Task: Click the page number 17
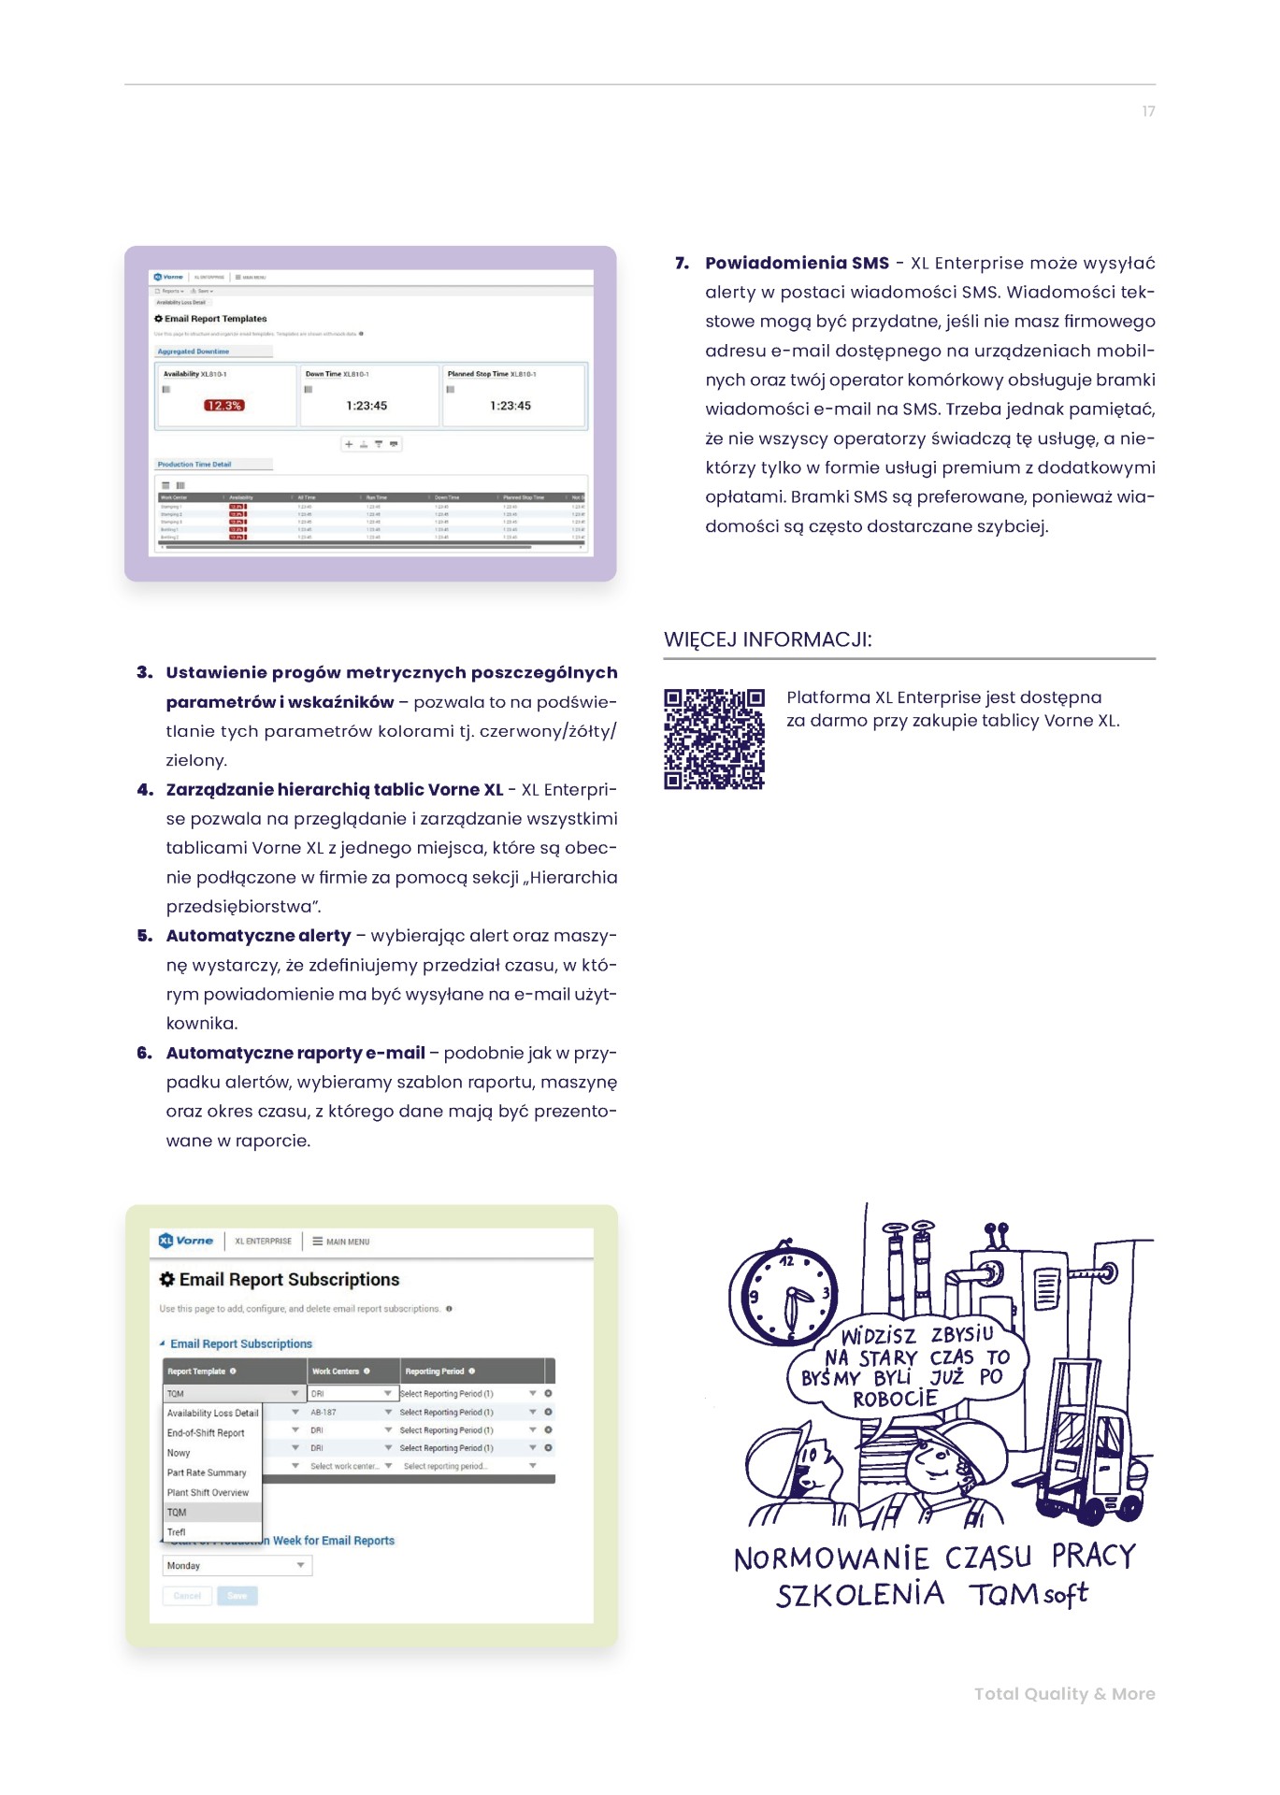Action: pos(1148,111)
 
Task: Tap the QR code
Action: pos(714,739)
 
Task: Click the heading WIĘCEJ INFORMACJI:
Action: pos(768,639)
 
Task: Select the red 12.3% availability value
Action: pos(223,406)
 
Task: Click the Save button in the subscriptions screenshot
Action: pos(237,1596)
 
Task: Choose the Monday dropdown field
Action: pos(237,1565)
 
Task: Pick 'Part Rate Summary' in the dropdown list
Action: pos(207,1472)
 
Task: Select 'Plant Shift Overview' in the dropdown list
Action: pos(208,1492)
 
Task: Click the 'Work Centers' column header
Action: pos(336,1371)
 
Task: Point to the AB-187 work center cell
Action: pos(324,1412)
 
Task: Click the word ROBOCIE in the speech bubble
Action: pos(895,1399)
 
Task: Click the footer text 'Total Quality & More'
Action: pos(1064,1693)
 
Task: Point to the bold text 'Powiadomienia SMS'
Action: pos(797,263)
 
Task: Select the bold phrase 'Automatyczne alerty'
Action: pos(258,936)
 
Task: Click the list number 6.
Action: pos(144,1053)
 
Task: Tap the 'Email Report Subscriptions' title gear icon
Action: pos(167,1279)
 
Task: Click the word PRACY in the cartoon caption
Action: pos(1093,1556)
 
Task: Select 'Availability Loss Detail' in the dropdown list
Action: pos(212,1413)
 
